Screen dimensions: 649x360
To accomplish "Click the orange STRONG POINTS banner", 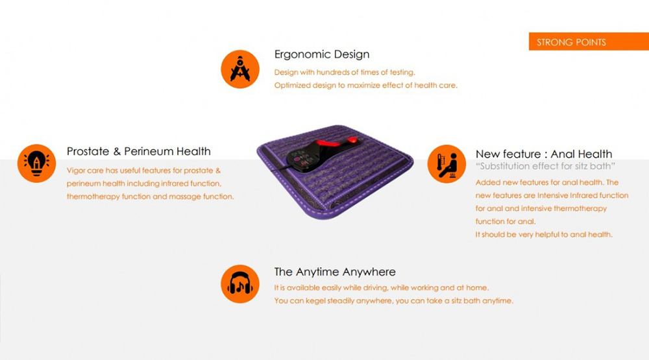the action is [x=589, y=42].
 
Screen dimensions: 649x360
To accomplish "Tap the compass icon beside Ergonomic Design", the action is [x=240, y=69].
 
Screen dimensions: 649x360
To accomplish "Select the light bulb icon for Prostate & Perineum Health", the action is [x=36, y=163].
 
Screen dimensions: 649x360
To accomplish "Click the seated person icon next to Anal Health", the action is [x=447, y=164].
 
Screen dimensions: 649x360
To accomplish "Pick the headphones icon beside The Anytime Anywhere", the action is [x=240, y=284].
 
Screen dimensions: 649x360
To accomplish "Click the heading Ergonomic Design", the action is [x=322, y=54].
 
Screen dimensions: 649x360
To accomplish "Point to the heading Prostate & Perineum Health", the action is [x=139, y=151].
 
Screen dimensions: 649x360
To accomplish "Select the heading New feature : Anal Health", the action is [x=543, y=154].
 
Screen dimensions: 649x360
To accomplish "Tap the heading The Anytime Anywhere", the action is [x=335, y=272].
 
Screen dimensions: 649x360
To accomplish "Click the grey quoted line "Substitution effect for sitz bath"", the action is [x=545, y=166].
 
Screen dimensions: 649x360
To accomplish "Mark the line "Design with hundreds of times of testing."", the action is [x=345, y=72].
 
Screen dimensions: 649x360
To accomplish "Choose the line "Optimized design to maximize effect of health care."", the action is [x=366, y=85].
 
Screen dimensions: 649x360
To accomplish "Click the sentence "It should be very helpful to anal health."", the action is [x=544, y=235].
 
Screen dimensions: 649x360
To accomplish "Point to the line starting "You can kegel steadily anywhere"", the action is [x=394, y=301].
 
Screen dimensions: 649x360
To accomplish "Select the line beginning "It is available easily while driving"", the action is [x=381, y=287].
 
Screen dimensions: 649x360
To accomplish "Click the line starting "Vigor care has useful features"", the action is [x=143, y=171].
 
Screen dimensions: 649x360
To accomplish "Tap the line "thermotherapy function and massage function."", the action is [x=151, y=197].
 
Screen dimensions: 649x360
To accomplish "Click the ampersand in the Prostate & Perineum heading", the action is [x=117, y=151].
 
